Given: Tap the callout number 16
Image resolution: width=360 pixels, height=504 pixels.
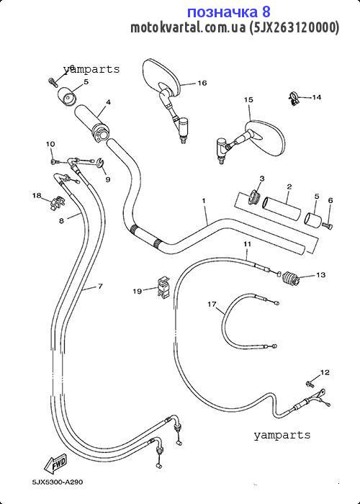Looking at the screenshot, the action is (202, 83).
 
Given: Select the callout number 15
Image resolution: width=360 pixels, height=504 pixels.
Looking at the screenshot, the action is (248, 100).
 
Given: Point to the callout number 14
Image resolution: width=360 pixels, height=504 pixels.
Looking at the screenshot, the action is (317, 97).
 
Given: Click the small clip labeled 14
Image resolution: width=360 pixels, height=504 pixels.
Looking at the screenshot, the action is (294, 99).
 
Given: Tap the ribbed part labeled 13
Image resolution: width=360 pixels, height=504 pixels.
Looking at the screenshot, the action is (291, 278).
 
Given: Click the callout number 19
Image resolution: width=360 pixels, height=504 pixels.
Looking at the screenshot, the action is (138, 291).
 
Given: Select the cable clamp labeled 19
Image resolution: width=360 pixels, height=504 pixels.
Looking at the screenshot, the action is (163, 287).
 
